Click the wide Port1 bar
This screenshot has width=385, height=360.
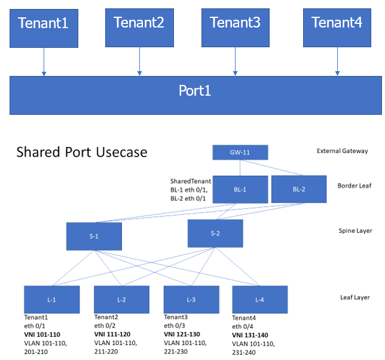point(195,94)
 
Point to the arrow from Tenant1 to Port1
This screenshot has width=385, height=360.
point(44,62)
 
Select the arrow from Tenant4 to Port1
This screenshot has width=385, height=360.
point(337,62)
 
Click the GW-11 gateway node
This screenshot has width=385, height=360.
point(240,152)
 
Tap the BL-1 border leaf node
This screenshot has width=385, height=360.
point(239,189)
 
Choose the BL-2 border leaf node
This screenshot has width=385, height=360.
point(298,189)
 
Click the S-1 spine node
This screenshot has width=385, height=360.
point(94,236)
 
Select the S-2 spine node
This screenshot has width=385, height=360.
point(215,233)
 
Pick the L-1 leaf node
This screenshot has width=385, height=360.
point(51,300)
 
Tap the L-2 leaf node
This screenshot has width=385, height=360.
point(121,300)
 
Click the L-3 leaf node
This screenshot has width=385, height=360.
point(191,300)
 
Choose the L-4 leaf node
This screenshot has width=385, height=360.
point(259,300)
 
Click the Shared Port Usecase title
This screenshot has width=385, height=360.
point(82,152)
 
